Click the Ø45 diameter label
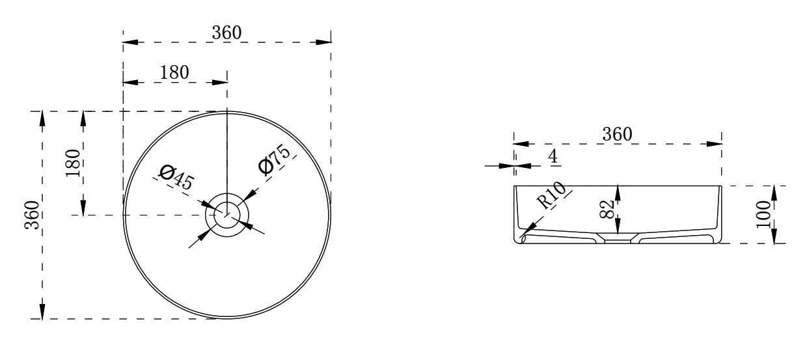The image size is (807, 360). tap(176, 177)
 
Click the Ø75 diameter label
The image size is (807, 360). tap(274, 159)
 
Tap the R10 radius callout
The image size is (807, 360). tap(551, 195)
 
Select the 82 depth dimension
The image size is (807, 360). tap(607, 210)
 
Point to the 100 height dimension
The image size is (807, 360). tap(763, 214)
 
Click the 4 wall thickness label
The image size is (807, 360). tap(553, 156)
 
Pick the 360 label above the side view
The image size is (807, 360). tap(617, 134)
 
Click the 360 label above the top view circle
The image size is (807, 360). tap(226, 33)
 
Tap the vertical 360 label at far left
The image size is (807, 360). tap(32, 215)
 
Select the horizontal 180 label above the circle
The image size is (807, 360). tap(174, 72)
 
